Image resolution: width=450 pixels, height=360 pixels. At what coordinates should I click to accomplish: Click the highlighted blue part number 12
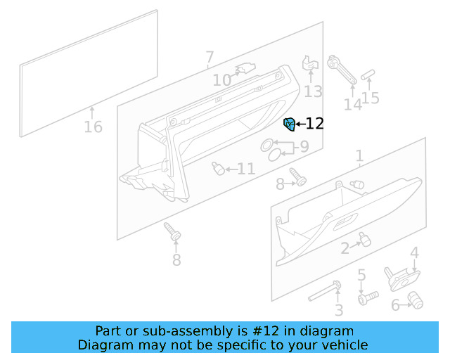pyautogui.click(x=288, y=124)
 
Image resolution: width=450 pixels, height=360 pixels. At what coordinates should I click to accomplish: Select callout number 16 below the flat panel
pyautogui.click(x=93, y=127)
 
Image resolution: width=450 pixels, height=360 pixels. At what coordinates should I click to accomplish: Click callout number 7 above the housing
pyautogui.click(x=210, y=57)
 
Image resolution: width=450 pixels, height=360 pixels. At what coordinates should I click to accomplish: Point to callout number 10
pyautogui.click(x=221, y=81)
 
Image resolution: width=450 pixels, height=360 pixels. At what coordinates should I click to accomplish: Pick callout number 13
pyautogui.click(x=313, y=91)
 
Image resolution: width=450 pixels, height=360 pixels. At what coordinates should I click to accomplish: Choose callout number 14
pyautogui.click(x=352, y=105)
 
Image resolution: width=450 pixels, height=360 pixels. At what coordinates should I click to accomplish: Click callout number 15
pyautogui.click(x=371, y=98)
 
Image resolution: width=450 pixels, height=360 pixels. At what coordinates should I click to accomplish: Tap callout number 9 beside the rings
pyautogui.click(x=304, y=147)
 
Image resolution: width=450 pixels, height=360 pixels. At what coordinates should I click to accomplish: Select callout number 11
pyautogui.click(x=245, y=169)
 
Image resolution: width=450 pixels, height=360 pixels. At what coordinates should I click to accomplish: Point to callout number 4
pyautogui.click(x=415, y=252)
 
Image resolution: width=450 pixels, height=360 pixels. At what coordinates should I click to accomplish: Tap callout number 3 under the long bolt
pyautogui.click(x=338, y=310)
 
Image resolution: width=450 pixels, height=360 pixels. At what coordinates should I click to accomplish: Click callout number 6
pyautogui.click(x=395, y=304)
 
